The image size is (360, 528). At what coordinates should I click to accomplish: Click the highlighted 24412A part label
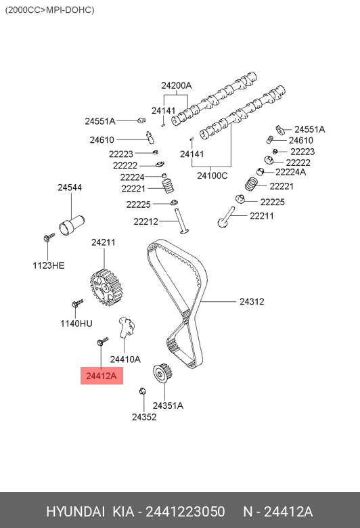click(102, 376)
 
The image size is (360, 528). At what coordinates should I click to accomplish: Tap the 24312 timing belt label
click(252, 301)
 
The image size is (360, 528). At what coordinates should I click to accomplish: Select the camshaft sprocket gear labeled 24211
click(106, 288)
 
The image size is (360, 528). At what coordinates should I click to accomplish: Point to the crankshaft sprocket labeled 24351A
click(163, 373)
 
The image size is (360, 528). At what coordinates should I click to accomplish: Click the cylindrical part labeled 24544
click(72, 225)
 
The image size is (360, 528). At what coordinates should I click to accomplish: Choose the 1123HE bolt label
click(49, 265)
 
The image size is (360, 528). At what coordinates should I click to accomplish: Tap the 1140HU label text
click(76, 324)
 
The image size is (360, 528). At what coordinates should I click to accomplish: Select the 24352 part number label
click(144, 417)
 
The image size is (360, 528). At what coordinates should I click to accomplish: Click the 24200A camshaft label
click(177, 85)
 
